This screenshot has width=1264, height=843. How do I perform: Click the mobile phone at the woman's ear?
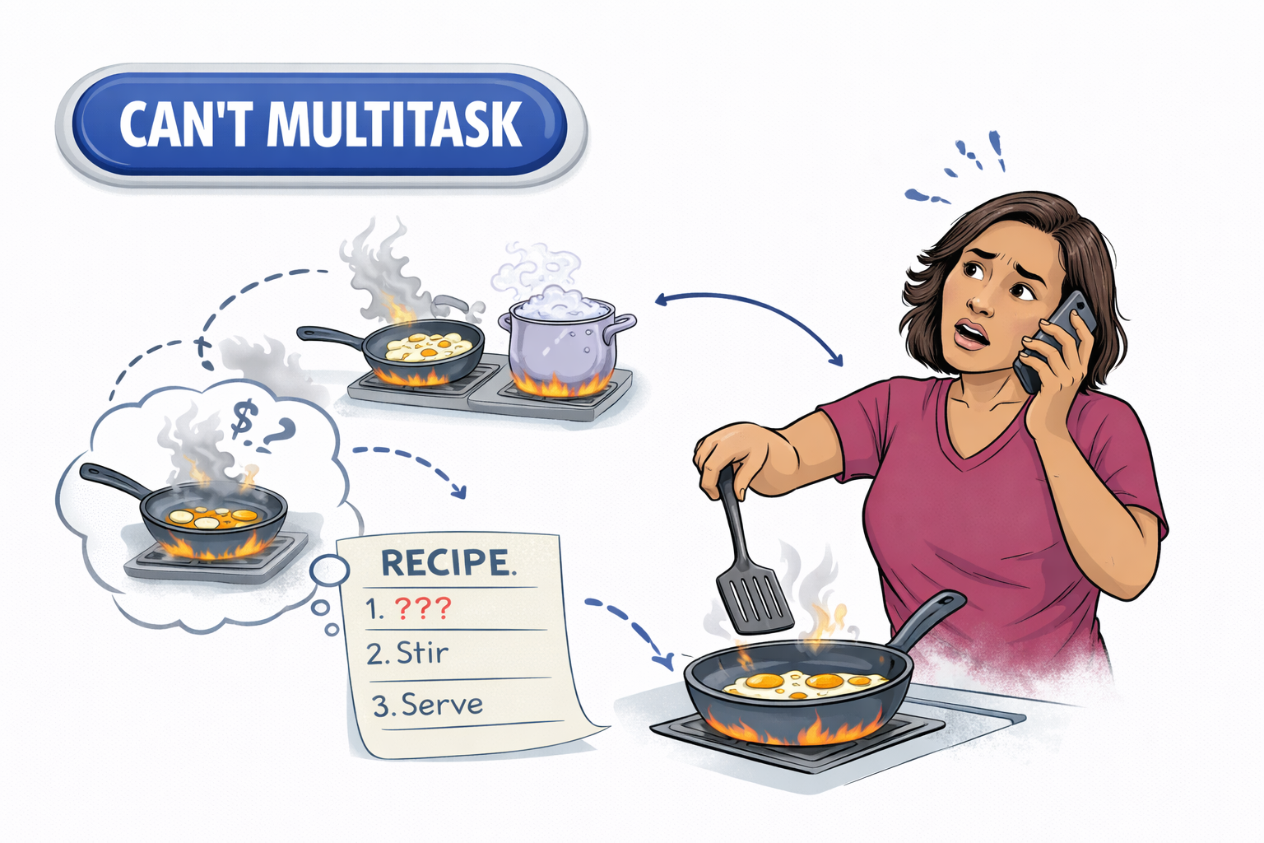click(1054, 341)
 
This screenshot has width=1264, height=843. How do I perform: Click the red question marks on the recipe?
click(423, 608)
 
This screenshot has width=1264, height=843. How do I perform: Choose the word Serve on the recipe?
click(442, 704)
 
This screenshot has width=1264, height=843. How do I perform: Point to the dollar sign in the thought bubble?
click(245, 421)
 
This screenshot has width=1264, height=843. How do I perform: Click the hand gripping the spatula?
click(729, 461)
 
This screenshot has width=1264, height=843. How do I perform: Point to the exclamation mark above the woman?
click(997, 150)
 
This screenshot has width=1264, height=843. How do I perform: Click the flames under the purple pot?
click(562, 384)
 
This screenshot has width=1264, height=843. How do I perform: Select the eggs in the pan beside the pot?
click(428, 347)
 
